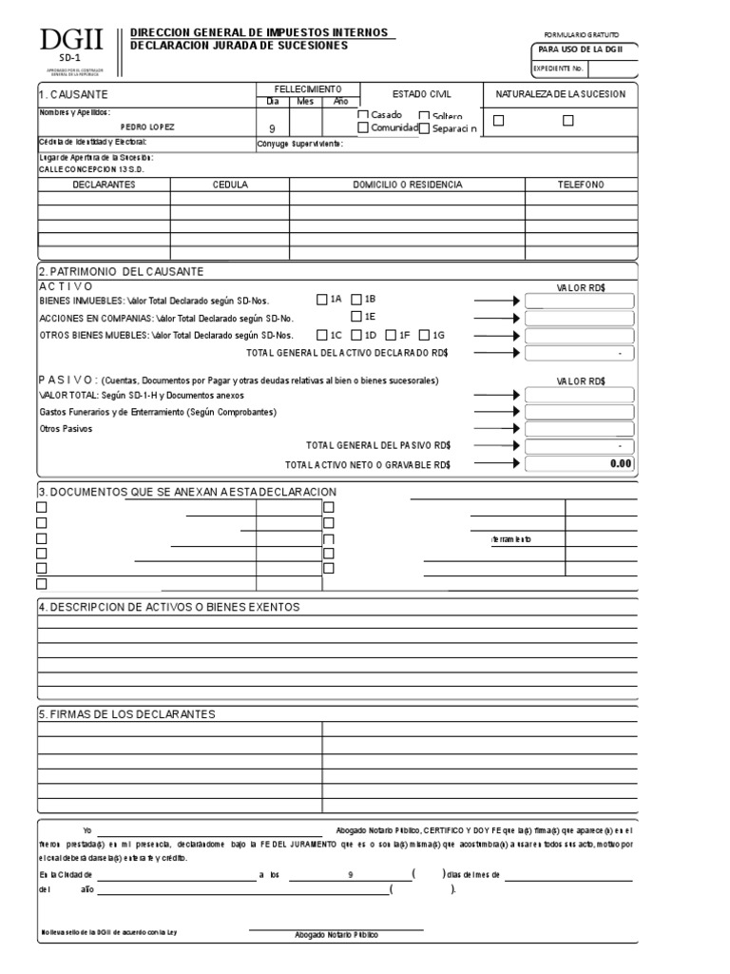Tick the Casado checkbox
[x=362, y=115]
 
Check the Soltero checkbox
[x=424, y=116]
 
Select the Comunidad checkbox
[x=362, y=127]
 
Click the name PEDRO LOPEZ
[x=148, y=126]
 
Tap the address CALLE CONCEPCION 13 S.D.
[x=90, y=168]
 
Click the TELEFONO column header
[x=580, y=185]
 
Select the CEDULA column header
[x=230, y=185]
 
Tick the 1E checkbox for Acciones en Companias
[x=356, y=317]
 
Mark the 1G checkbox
[x=425, y=335]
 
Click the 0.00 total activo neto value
[x=620, y=464]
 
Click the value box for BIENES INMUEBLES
[x=579, y=302]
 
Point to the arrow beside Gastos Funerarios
[x=497, y=412]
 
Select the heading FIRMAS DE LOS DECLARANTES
[x=126, y=713]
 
